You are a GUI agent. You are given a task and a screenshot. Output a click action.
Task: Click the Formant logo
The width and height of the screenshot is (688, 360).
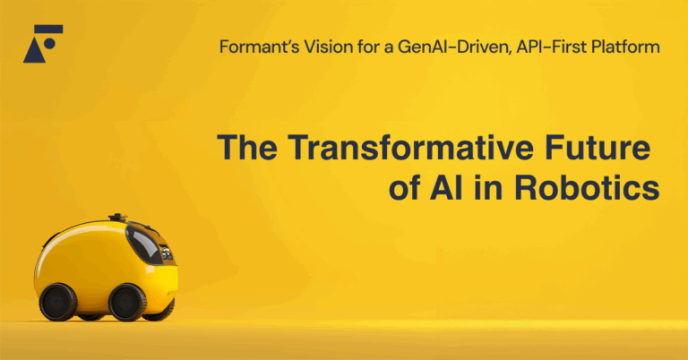(x=43, y=43)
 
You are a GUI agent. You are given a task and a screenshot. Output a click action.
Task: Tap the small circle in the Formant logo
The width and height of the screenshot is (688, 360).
(x=49, y=43)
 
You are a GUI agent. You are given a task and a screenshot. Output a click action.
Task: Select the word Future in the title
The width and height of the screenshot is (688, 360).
(x=598, y=148)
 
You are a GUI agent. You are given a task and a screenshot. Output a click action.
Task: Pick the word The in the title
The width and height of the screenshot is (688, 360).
(x=247, y=148)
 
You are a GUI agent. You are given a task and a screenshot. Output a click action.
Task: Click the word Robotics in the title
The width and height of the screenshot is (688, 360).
(x=587, y=187)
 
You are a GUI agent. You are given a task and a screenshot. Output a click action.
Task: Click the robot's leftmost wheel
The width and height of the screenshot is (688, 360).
(x=58, y=302)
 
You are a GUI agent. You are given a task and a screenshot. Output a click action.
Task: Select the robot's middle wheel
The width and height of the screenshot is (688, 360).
(x=127, y=303)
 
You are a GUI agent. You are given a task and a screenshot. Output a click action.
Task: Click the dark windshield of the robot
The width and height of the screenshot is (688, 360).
(x=144, y=244)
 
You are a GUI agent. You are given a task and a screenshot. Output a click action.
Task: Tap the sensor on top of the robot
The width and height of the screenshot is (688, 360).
(x=117, y=218)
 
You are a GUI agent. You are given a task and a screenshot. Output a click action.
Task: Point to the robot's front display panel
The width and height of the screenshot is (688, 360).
(x=167, y=253)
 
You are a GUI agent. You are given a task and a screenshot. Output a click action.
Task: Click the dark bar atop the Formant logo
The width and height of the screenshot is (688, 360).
(x=48, y=29)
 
